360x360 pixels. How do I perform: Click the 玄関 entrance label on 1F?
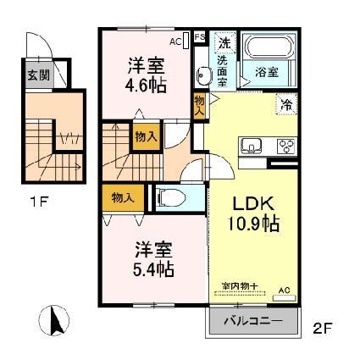36,75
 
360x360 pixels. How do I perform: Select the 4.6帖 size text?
145,86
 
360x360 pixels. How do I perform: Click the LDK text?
251,206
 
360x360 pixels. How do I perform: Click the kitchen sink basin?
252,147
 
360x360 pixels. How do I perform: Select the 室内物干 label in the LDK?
239,285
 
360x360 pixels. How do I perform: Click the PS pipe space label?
200,36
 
